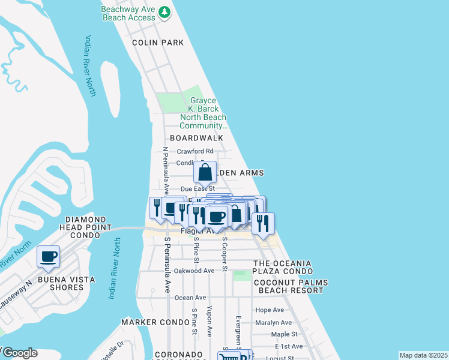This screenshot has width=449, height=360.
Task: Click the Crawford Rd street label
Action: coord(195,151)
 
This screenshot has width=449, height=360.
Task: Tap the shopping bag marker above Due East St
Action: coord(205,173)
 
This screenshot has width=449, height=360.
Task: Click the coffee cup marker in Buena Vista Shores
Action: coord(48,256)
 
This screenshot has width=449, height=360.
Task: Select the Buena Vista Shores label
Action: coord(58,283)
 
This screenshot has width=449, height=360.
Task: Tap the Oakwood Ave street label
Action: coord(194,271)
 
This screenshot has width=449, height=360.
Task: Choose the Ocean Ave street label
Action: coord(190,297)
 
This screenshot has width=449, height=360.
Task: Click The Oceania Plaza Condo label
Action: coord(283,268)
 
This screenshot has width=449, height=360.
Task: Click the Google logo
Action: coord(19,353)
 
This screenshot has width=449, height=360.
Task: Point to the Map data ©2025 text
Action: coord(423,355)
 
